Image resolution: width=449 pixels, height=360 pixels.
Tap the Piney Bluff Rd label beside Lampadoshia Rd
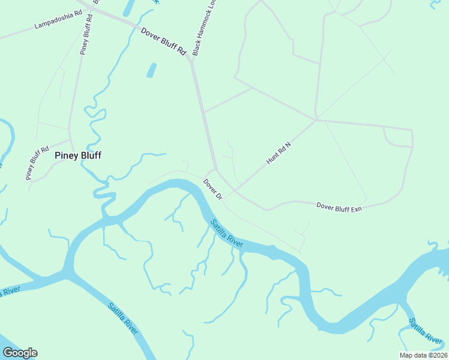(86, 35)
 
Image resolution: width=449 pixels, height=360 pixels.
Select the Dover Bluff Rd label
(163, 41)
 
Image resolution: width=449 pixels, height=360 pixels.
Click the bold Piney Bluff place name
(78, 155)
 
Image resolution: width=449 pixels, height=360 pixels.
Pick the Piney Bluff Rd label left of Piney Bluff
(37, 161)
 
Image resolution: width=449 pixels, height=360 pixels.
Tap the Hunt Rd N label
(279, 154)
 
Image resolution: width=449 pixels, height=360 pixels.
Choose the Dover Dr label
(212, 189)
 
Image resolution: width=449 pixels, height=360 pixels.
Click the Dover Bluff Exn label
(339, 206)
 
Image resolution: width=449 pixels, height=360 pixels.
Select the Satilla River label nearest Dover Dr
(226, 233)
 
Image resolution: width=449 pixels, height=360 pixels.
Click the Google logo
(20, 353)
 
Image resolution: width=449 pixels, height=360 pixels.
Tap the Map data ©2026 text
(423, 355)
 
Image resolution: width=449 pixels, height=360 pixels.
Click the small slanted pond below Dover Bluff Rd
(151, 70)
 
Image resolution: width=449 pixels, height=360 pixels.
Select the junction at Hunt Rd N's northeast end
(316, 119)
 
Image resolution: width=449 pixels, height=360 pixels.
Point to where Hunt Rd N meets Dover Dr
(234, 194)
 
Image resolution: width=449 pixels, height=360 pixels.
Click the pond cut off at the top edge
(128, 7)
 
